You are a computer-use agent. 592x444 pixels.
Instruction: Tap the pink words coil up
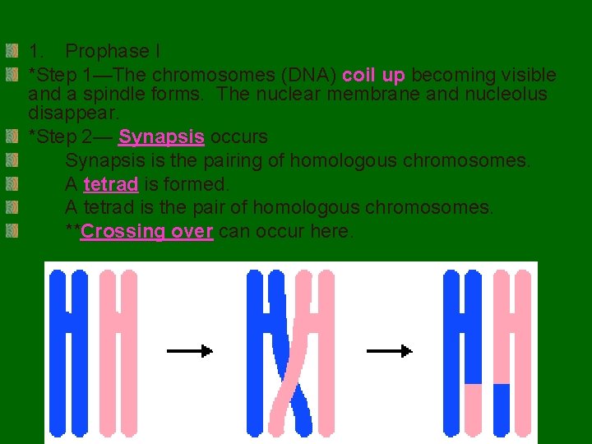(373, 75)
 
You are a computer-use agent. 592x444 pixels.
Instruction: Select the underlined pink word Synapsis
(161, 136)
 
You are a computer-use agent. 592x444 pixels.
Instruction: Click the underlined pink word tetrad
(110, 183)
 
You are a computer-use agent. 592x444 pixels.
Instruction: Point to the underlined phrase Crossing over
(147, 231)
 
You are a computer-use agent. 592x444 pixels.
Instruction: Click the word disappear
(72, 111)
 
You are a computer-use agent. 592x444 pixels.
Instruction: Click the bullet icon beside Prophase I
(11, 51)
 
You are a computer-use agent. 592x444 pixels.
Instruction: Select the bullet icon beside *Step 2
(11, 136)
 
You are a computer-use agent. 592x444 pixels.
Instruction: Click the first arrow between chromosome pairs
(189, 351)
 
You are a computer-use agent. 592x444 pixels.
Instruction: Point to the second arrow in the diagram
(388, 351)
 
